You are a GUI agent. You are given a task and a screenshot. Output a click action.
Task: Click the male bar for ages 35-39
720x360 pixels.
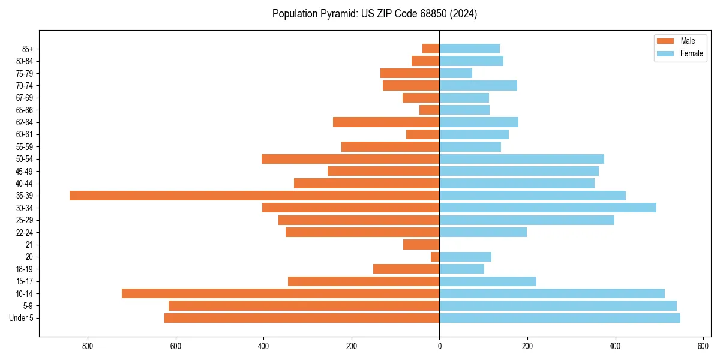tap(254, 196)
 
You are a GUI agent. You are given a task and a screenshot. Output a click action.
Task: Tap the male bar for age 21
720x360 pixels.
tap(421, 245)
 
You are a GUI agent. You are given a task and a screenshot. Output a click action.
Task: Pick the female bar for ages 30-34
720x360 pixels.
tap(548, 208)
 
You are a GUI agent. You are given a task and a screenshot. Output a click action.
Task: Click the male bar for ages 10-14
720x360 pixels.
tap(281, 293)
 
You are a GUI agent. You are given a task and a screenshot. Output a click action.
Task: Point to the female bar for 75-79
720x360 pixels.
tap(456, 73)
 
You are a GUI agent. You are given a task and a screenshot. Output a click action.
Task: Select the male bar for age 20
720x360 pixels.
tap(435, 257)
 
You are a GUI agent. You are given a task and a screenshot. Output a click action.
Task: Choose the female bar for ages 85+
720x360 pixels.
tap(470, 49)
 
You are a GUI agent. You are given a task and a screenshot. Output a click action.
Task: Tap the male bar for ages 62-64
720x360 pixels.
tap(386, 122)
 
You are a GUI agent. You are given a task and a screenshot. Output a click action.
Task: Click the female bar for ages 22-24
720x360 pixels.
tap(483, 232)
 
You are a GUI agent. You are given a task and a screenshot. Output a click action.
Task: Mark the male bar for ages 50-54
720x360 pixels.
tap(350, 159)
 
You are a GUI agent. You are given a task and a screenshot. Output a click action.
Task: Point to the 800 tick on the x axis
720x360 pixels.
tap(88, 346)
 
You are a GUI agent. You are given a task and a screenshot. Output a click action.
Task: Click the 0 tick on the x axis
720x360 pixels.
tap(439, 346)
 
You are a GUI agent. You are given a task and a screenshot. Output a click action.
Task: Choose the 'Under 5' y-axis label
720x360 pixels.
tap(22, 318)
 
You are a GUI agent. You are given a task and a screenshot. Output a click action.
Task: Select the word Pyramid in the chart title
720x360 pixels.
tap(337, 14)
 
